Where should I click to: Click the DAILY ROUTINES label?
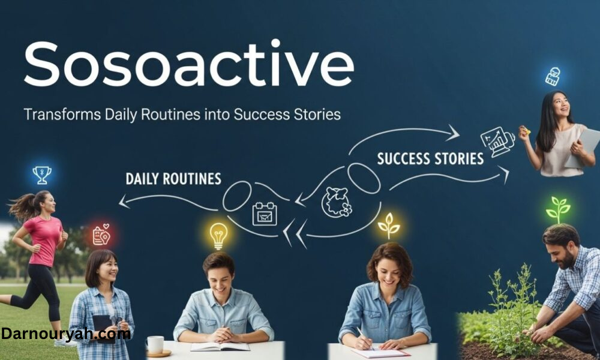(173, 178)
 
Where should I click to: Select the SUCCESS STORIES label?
(430, 158)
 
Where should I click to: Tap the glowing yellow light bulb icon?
(219, 235)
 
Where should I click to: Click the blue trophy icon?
(42, 175)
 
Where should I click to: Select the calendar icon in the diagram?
(265, 213)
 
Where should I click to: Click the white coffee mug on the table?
(155, 344)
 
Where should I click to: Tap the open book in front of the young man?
(220, 346)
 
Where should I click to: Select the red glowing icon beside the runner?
(101, 235)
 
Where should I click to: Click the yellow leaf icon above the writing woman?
(389, 225)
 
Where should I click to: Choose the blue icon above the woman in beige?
(553, 76)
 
